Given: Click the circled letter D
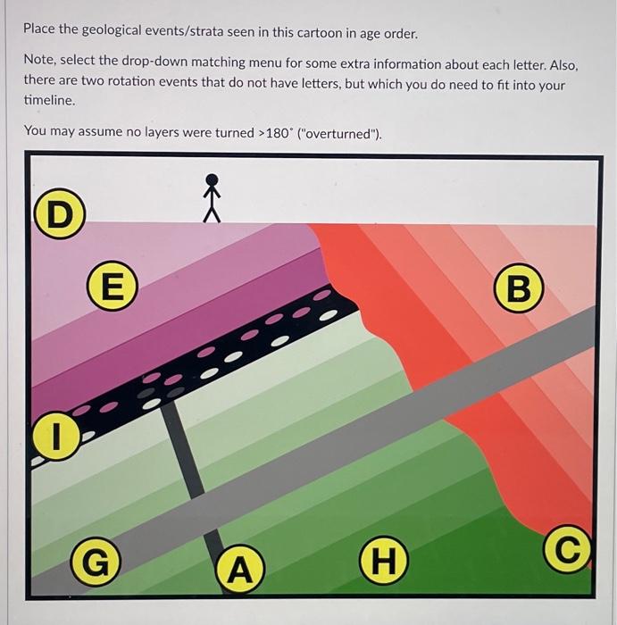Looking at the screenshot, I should [x=59, y=216].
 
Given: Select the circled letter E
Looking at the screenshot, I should [x=111, y=287].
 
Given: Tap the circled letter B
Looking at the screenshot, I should [x=522, y=288].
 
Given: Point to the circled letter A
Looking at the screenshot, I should [x=239, y=568].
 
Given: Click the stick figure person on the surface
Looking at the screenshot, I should [x=211, y=197].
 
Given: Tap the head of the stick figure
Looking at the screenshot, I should [x=211, y=179].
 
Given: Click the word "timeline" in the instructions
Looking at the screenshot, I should [x=48, y=100].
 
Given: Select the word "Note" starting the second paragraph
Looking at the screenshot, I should [x=39, y=65].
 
